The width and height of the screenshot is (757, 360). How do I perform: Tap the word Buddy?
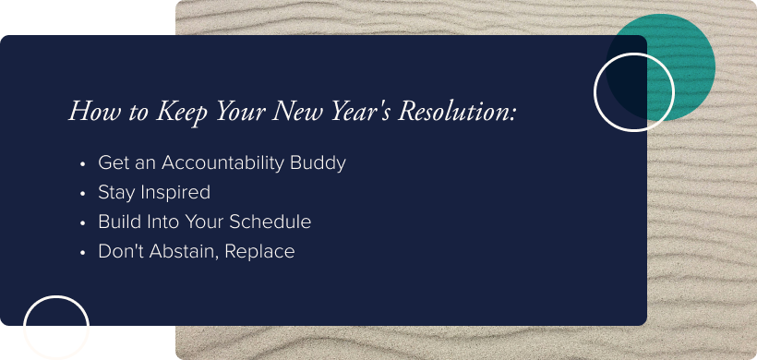point(318,163)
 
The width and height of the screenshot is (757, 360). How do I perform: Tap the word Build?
point(118,222)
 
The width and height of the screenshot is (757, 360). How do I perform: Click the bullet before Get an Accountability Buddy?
point(83,164)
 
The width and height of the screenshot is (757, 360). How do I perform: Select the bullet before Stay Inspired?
point(83,194)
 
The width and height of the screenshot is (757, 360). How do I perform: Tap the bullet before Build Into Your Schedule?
point(83,223)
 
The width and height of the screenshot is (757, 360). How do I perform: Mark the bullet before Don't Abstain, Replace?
point(83,252)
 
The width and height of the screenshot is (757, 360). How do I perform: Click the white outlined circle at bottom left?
point(56,328)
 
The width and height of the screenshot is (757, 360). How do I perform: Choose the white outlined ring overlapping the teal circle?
point(633,92)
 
